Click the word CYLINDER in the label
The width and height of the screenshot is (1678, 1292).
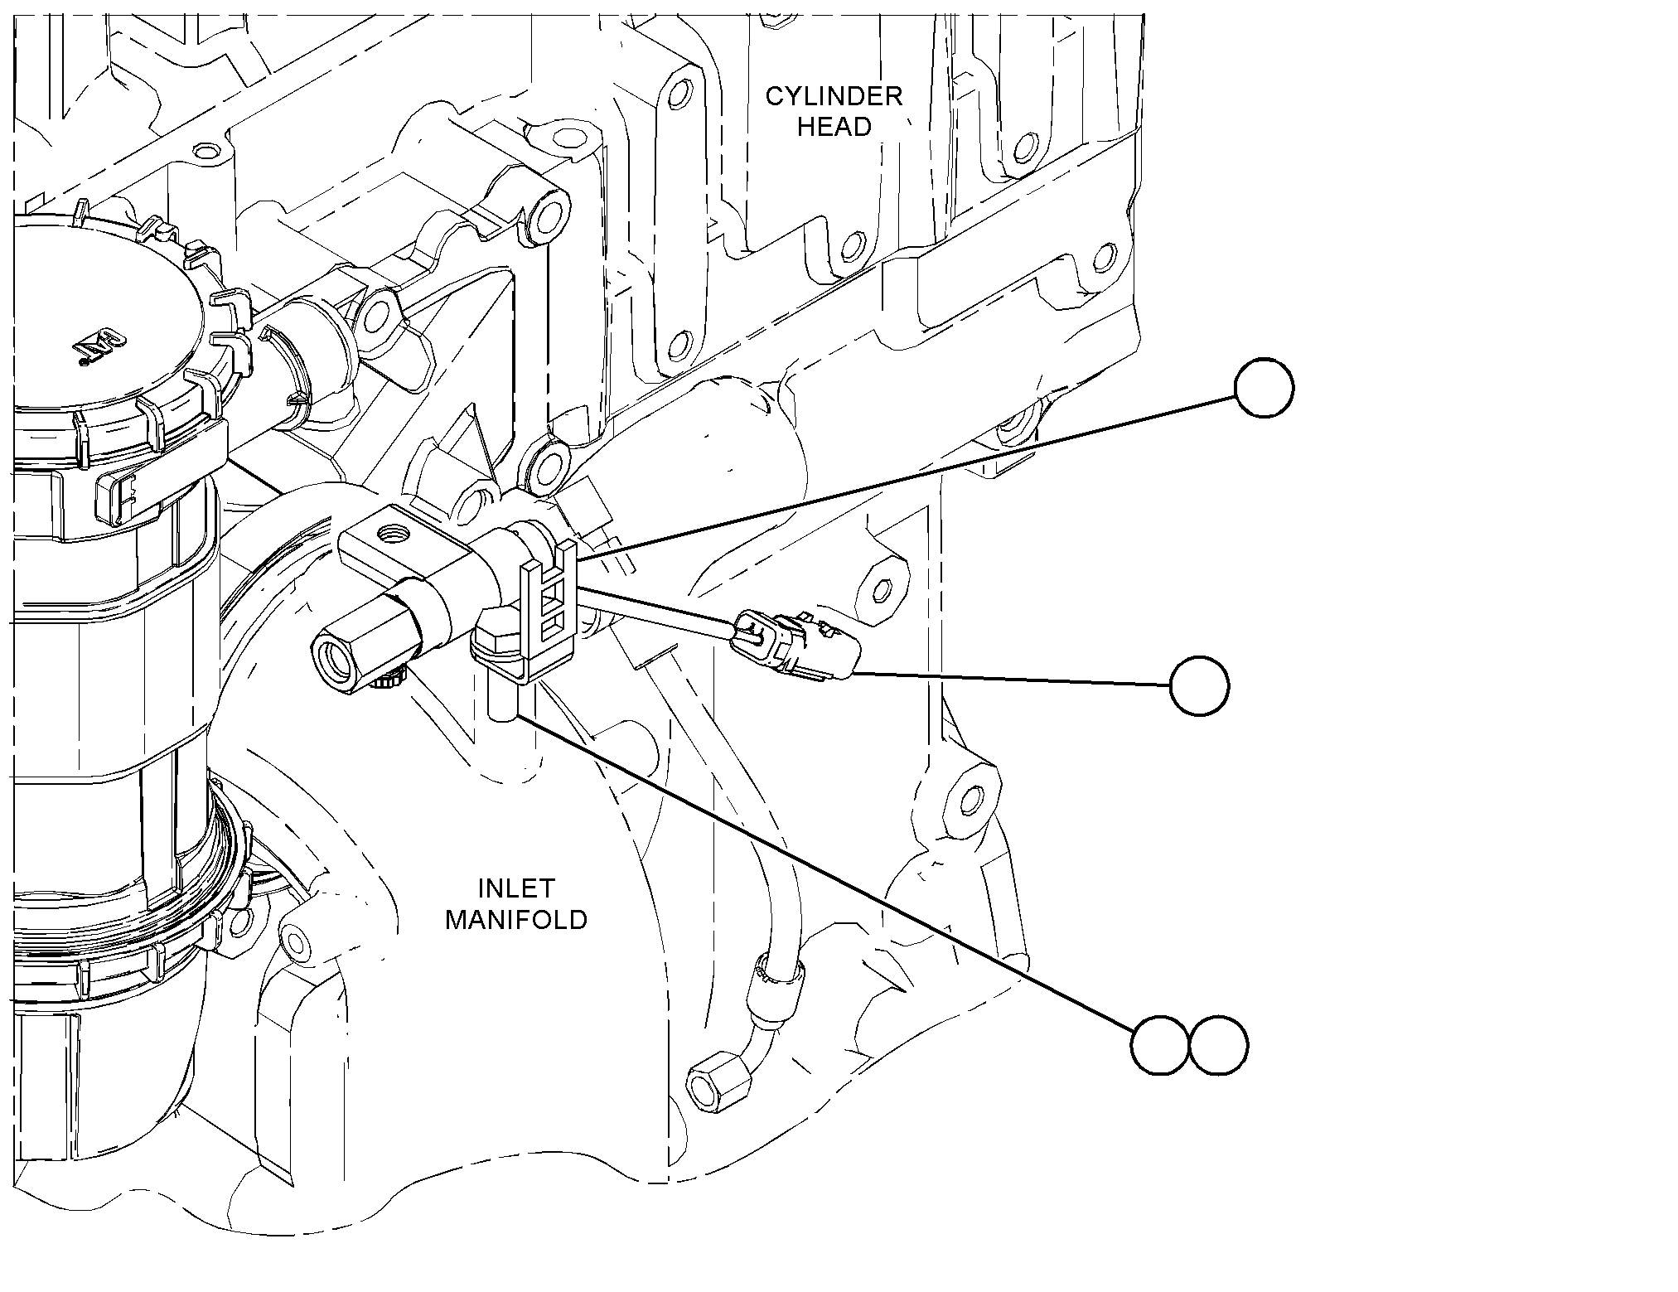pyautogui.click(x=834, y=96)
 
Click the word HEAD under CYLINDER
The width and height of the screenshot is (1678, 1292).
pyautogui.click(x=834, y=127)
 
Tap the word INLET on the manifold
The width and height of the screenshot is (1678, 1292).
pyautogui.click(x=516, y=888)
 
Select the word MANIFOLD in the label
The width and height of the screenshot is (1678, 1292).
pyautogui.click(x=516, y=919)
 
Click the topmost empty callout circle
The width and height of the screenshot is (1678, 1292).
pyautogui.click(x=1264, y=388)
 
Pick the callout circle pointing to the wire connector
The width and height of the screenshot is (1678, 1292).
pyautogui.click(x=1199, y=686)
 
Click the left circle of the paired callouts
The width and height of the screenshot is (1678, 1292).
pyautogui.click(x=1160, y=1047)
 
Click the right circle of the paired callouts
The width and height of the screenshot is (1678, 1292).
pyautogui.click(x=1218, y=1047)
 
